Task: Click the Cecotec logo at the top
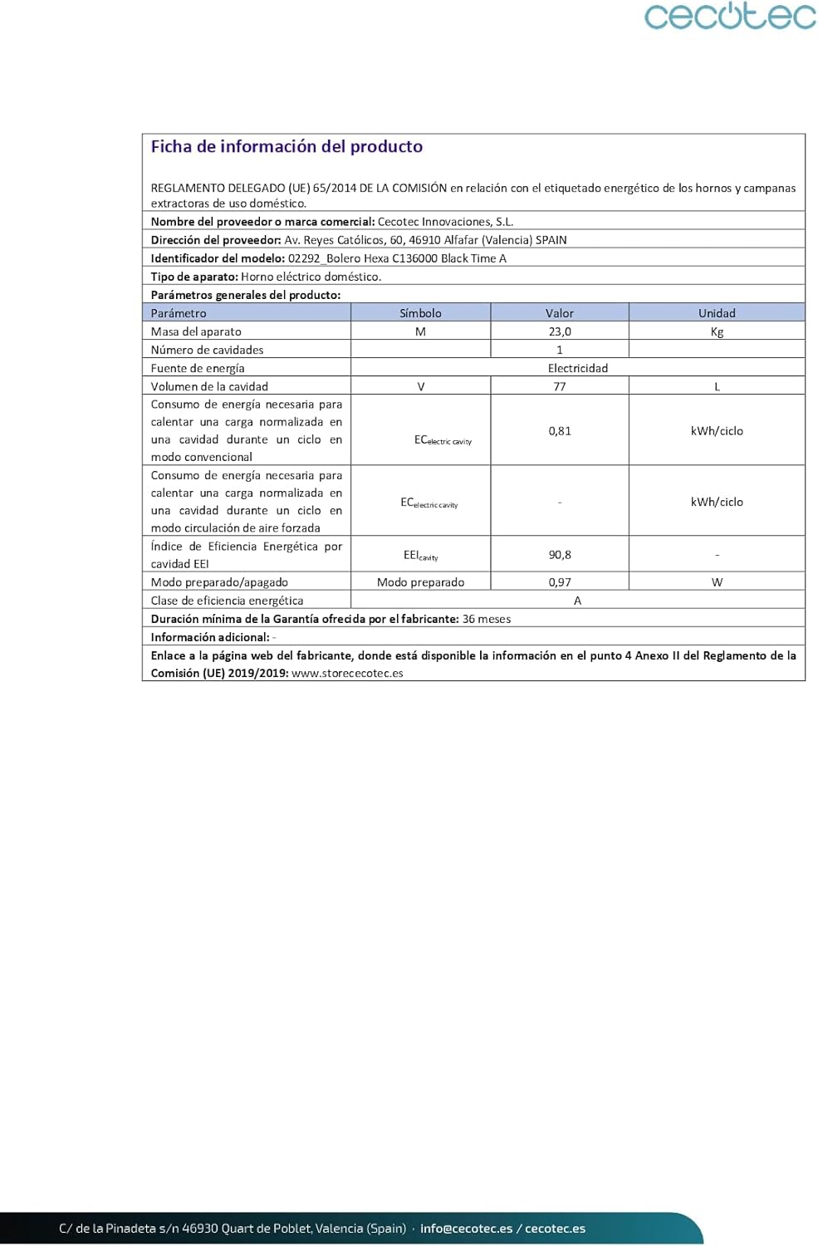(730, 17)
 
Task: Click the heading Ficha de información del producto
(287, 147)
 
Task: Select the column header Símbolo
(420, 313)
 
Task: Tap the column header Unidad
(717, 313)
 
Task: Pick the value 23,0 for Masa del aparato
(560, 331)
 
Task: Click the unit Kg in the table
(717, 331)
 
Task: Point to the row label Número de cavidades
(207, 350)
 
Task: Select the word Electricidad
(577, 368)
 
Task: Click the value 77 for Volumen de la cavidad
(560, 386)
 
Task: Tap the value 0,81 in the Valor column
(560, 431)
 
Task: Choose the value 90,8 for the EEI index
(560, 555)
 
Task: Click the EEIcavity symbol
(420, 556)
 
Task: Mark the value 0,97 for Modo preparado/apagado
(560, 582)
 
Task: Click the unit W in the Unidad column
(717, 582)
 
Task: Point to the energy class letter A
(577, 601)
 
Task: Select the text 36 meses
(487, 619)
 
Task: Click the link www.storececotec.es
(347, 674)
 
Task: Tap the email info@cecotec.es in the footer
(466, 1229)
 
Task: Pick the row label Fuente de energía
(198, 368)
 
